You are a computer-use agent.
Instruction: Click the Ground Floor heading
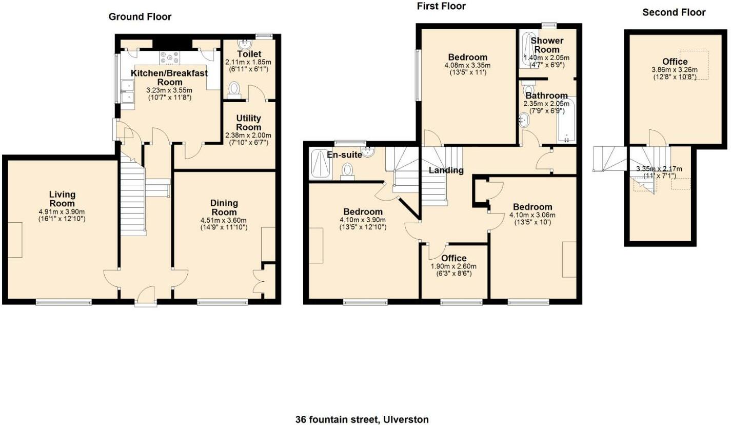point(140,16)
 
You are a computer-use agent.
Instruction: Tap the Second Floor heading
point(674,12)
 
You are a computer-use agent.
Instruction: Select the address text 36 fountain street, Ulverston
point(362,419)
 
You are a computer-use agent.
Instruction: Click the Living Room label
point(62,199)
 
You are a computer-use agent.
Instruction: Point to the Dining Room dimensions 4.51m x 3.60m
point(224,220)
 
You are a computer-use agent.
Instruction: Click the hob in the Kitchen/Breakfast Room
point(169,58)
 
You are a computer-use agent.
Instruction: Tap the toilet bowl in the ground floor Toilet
point(233,90)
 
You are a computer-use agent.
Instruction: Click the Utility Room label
point(248,123)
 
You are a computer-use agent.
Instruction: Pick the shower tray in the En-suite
point(320,164)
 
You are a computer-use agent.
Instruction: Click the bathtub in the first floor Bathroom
point(566,121)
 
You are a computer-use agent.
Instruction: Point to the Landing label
point(446,170)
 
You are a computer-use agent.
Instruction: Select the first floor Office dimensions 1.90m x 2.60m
point(453,266)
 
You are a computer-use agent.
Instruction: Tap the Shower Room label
point(547,45)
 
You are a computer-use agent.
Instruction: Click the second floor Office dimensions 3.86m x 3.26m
point(675,70)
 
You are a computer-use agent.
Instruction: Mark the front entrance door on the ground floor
point(146,296)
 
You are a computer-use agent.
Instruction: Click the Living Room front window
point(64,302)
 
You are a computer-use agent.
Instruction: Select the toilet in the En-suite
point(347,171)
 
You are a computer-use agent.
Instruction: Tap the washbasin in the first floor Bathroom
point(524,120)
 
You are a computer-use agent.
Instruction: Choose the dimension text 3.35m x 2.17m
point(659,169)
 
